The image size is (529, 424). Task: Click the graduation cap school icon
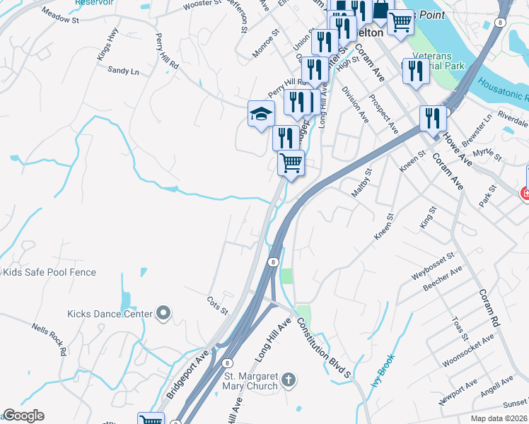click(261, 113)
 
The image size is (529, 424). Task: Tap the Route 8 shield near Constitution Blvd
click(272, 261)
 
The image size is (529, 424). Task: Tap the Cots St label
click(218, 306)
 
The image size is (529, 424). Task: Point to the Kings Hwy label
click(106, 44)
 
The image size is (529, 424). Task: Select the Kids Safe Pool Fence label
click(50, 272)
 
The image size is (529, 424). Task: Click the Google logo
click(23, 416)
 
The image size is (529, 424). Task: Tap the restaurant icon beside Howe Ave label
click(433, 118)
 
